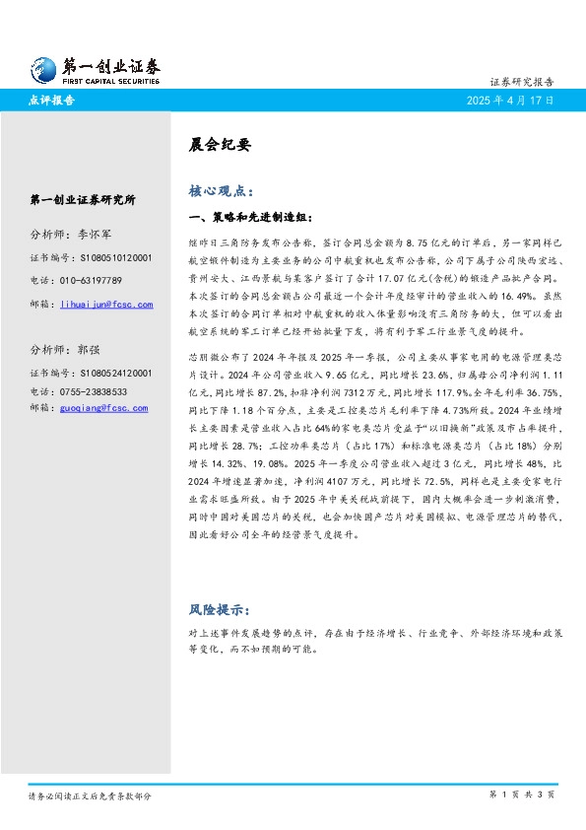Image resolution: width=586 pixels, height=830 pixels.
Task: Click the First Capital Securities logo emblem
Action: pyautogui.click(x=42, y=68)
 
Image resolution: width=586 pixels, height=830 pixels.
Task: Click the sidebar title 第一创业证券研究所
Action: pyautogui.click(x=84, y=200)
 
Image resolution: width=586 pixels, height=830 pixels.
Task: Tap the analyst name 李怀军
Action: pyautogui.click(x=98, y=235)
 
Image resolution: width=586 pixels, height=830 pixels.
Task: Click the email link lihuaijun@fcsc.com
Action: pyautogui.click(x=106, y=305)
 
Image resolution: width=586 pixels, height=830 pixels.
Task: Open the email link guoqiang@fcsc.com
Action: pyautogui.click(x=103, y=407)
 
